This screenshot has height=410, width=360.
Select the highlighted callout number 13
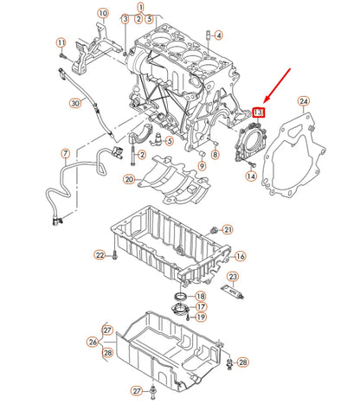tap(259, 112)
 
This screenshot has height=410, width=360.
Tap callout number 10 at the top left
tap(103, 15)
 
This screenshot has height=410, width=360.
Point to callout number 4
tap(218, 35)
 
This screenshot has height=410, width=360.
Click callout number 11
tap(61, 42)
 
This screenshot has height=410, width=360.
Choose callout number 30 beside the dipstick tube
tap(75, 104)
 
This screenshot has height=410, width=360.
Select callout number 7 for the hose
tap(64, 154)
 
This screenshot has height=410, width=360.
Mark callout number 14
tap(251, 176)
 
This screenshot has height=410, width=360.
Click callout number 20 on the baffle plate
tap(129, 180)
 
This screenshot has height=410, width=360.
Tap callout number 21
tap(228, 229)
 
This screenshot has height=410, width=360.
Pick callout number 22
tap(100, 255)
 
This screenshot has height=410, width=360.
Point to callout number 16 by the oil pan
tap(241, 257)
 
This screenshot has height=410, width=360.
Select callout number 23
tap(231, 277)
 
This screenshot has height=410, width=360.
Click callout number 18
tap(201, 296)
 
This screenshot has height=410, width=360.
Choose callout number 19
tap(201, 317)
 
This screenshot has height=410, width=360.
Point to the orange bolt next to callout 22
tap(113, 255)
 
